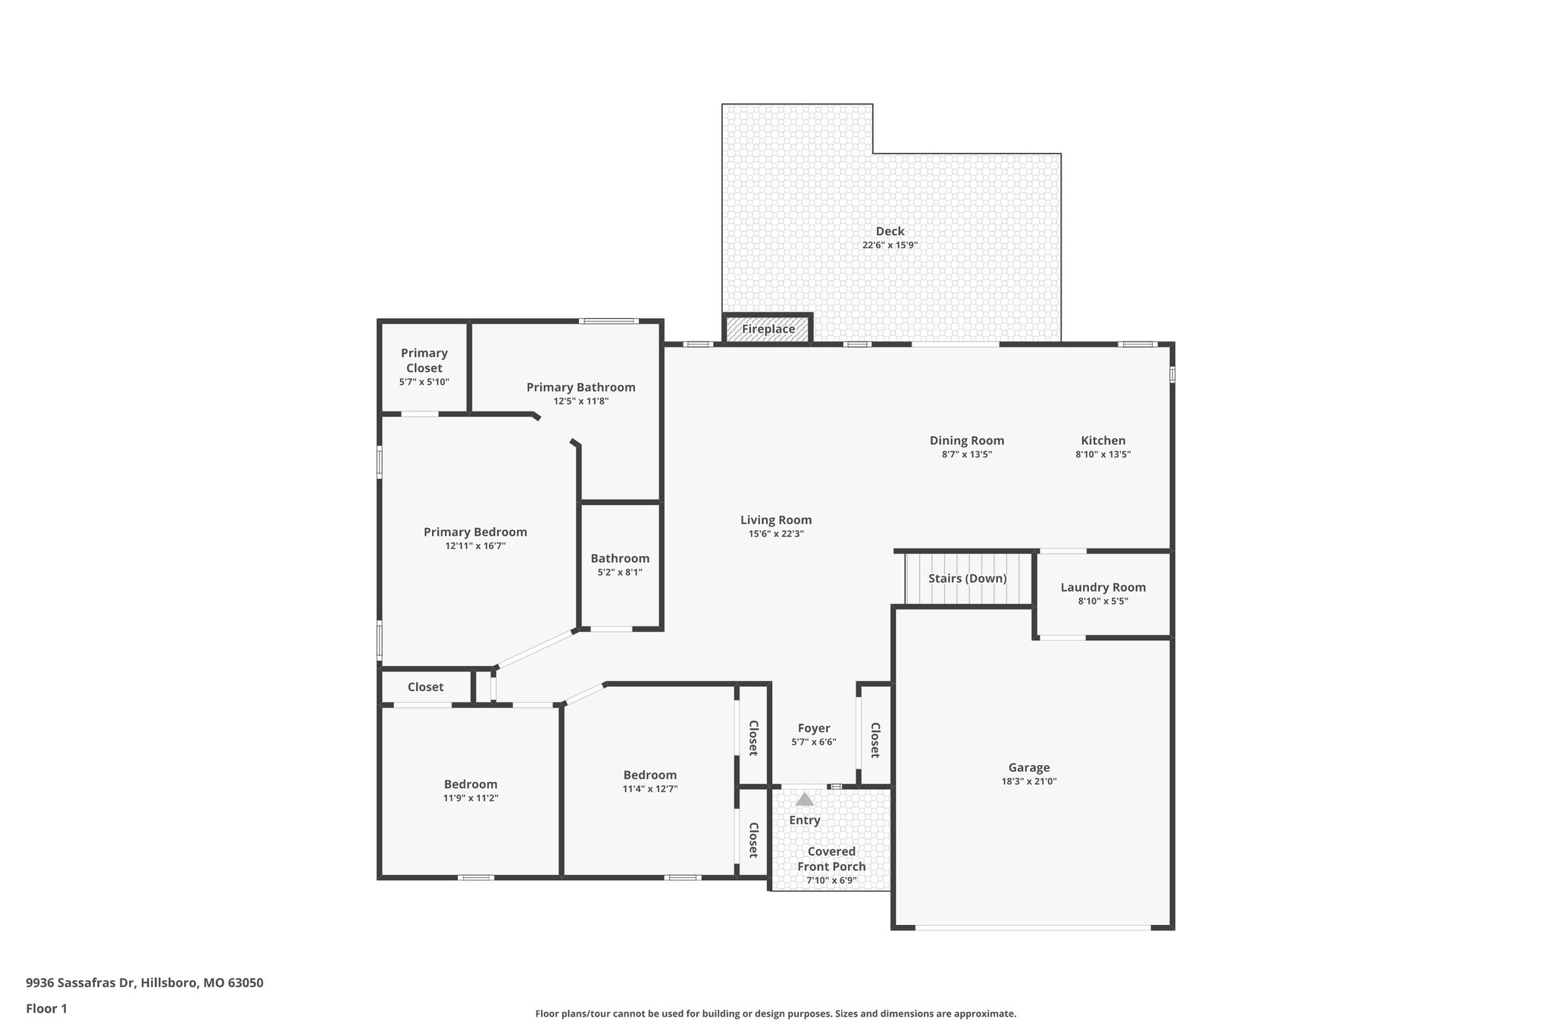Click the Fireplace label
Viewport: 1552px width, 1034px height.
pos(768,330)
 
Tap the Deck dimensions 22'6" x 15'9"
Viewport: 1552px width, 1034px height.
pos(890,245)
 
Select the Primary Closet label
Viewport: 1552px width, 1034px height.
pos(424,361)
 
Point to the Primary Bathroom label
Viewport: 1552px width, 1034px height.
pos(580,387)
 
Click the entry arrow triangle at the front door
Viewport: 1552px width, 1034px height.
pos(804,800)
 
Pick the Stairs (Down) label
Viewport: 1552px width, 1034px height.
pos(967,579)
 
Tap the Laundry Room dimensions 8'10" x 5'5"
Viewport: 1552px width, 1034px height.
pos(1103,601)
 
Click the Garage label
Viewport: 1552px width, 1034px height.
pos(1028,767)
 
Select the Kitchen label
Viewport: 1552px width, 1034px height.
pos(1103,440)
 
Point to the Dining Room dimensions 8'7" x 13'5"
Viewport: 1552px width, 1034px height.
pos(966,455)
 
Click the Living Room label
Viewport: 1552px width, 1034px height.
pos(775,520)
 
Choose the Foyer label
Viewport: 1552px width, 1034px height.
pos(813,728)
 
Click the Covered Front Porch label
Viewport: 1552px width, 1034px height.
pos(831,859)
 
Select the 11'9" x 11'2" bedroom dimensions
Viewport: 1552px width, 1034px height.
pos(471,798)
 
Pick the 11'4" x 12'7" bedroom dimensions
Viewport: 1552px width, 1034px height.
pos(649,789)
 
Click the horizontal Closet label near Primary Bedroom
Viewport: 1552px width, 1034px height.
pos(425,687)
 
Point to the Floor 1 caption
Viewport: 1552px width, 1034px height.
pos(46,1008)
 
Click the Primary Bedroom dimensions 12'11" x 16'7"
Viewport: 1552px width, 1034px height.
pos(475,546)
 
